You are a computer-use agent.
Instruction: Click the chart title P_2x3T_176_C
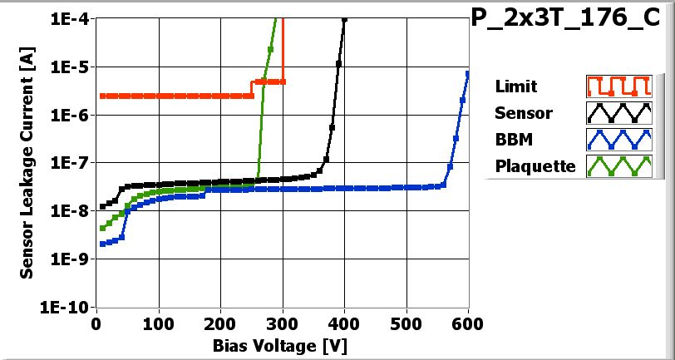pyautogui.click(x=571, y=20)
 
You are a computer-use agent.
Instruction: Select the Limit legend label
pyautogui.click(x=515, y=86)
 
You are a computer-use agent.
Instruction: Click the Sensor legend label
pyautogui.click(x=523, y=113)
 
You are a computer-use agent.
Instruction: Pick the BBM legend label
pyautogui.click(x=512, y=140)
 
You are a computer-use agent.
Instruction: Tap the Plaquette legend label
pyautogui.click(x=535, y=166)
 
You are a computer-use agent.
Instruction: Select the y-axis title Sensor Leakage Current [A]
pyautogui.click(x=27, y=162)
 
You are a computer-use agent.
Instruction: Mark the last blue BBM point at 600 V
pyautogui.click(x=468, y=74)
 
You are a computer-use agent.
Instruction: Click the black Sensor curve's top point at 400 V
pyautogui.click(x=344, y=20)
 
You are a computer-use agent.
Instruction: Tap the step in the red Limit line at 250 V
pyautogui.click(x=252, y=89)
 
